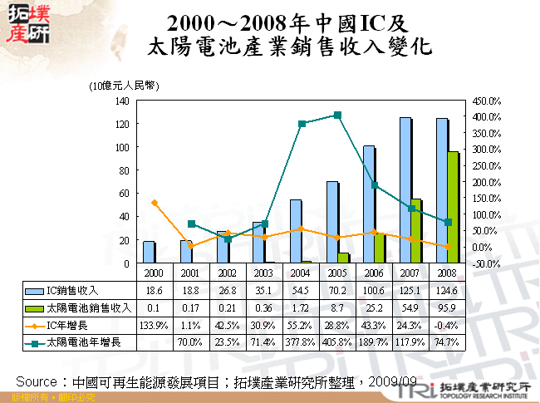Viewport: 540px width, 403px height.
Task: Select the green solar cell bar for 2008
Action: (453, 208)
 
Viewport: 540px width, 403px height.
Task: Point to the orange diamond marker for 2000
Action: (154, 203)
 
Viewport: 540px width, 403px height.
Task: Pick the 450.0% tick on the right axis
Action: (486, 100)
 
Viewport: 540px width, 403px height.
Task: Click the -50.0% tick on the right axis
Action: (486, 263)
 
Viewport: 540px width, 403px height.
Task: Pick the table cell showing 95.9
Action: (448, 307)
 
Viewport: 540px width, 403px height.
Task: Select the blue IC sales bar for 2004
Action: (295, 231)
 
